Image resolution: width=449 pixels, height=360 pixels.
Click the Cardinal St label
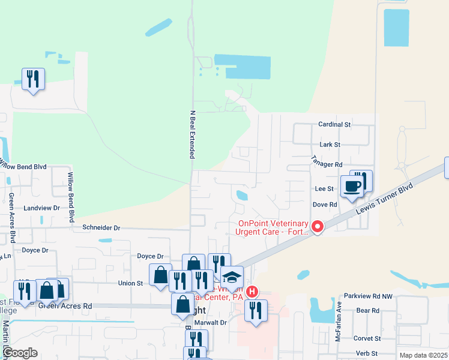334,125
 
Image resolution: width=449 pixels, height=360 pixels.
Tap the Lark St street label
330,145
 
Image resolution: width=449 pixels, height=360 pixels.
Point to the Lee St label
324,188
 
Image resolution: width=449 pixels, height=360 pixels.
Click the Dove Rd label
325,204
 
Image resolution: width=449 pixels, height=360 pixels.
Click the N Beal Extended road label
193,134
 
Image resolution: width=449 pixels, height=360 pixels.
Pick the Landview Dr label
42,208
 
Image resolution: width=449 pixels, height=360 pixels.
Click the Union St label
130,283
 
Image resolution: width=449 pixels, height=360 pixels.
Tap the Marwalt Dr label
214,322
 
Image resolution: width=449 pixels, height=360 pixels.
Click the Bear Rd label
367,310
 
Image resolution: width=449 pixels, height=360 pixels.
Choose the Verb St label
366,353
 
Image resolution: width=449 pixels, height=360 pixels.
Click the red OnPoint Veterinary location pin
316,227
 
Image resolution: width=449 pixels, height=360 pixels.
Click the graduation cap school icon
231,277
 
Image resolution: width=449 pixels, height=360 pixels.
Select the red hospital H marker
253,292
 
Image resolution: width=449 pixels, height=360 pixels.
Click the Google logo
20,353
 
